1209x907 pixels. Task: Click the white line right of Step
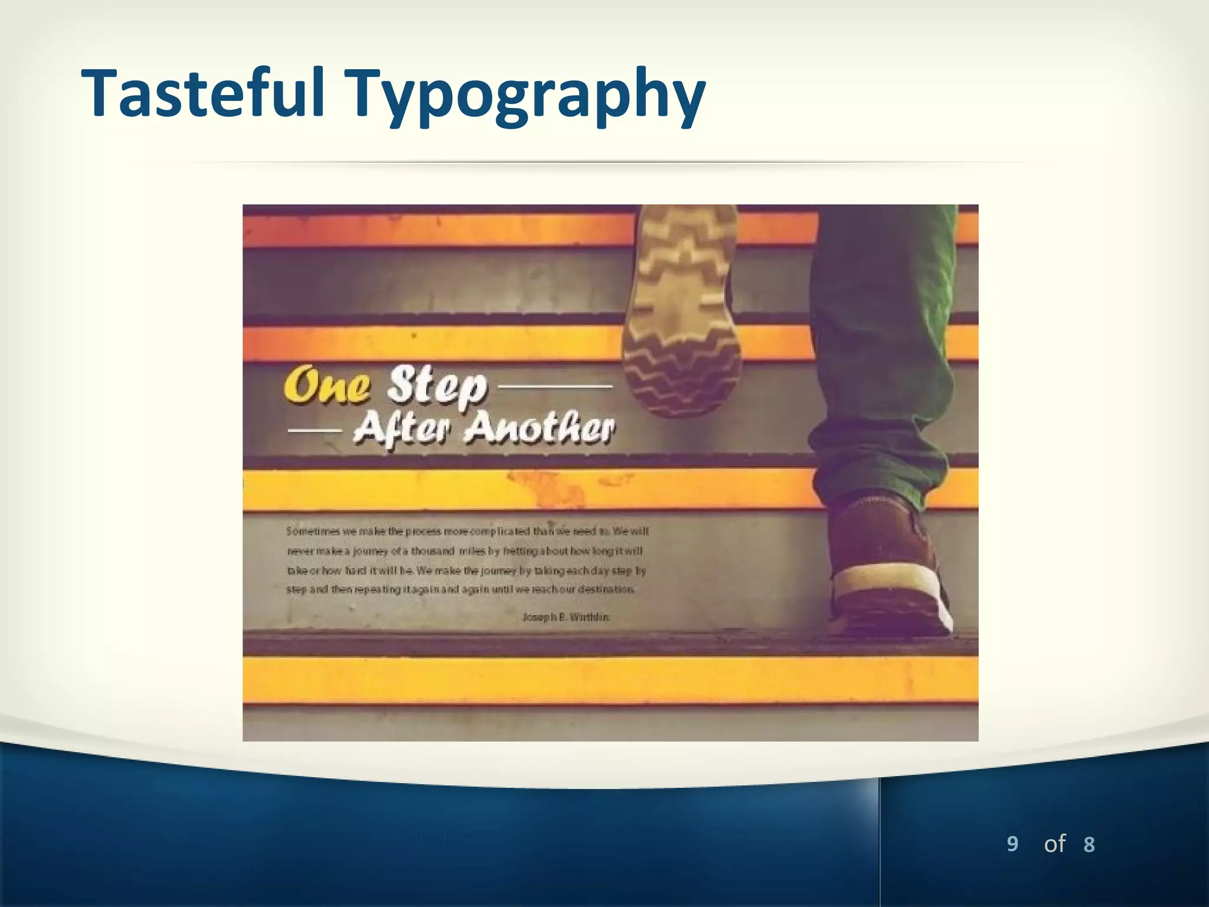556,387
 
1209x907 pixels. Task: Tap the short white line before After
314,430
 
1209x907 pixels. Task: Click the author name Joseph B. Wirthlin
566,617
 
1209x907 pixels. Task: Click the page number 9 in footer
1012,844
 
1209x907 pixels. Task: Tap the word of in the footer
1054,844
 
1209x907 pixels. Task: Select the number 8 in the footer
1089,845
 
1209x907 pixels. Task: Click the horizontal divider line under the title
590,162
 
